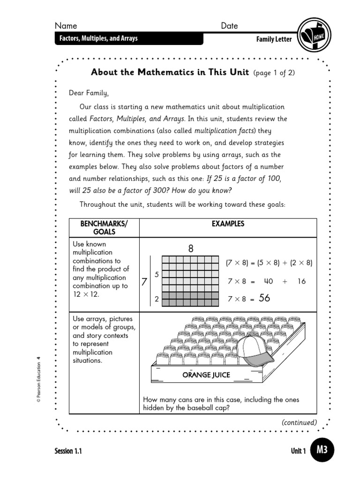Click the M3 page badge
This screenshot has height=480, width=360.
coord(322,450)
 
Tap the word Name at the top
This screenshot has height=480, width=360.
coord(66,26)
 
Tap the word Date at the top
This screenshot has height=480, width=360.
coord(229,26)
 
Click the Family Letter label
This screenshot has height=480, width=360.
coord(274,39)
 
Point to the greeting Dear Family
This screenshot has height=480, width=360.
coord(89,93)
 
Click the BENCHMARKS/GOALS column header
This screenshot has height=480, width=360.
coord(104,228)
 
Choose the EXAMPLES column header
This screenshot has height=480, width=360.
coord(228,224)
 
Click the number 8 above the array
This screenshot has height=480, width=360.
coord(191,249)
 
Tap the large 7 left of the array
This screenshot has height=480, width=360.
coord(144,282)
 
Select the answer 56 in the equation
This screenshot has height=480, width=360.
coord(264,298)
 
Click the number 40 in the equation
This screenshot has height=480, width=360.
coord(268,281)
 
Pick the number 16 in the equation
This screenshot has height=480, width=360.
coord(301,281)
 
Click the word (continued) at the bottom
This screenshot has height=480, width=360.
coord(299,422)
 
